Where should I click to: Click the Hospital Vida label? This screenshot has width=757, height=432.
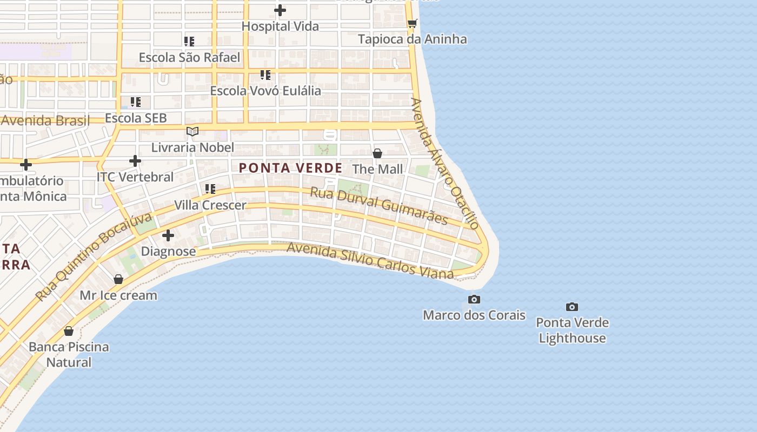280,26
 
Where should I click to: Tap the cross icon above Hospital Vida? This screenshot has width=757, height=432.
280,10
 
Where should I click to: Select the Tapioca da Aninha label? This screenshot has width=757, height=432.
413,39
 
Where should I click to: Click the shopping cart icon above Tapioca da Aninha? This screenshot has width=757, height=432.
413,23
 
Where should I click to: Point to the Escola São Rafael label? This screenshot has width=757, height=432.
189,57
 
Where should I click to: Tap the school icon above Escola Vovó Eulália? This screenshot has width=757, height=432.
265,75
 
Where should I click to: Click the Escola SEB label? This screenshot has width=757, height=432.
136,118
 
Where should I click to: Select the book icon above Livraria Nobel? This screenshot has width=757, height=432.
192,131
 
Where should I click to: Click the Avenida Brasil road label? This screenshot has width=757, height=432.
45,120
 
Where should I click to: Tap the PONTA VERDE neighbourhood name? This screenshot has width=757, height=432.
291,168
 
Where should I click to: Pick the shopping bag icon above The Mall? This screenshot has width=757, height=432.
377,153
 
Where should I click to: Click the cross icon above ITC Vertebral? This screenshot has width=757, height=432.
135,161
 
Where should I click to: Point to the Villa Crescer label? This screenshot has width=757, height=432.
210,205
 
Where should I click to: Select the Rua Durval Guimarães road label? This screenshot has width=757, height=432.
379,206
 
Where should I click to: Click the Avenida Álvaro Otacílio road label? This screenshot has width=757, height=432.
445,163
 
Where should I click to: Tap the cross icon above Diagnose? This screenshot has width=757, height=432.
168,235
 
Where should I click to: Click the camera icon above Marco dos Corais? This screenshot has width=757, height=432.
474,299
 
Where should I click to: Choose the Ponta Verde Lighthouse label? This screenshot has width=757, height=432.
572,330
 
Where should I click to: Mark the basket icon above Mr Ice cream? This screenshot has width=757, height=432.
118,279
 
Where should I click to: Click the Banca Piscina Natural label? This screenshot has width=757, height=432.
69,354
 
